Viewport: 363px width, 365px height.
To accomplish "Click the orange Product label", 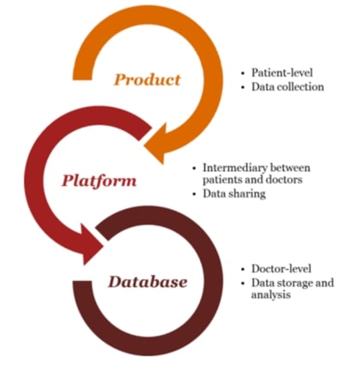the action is pyautogui.click(x=148, y=80).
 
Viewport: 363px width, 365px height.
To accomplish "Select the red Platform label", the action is pyautogui.click(x=99, y=181).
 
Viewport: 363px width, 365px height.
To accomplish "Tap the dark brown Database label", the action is pyautogui.click(x=148, y=282).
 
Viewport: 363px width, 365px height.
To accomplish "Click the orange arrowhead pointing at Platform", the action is pyautogui.click(x=157, y=143).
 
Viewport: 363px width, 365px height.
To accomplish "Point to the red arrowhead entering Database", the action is pyautogui.click(x=91, y=244).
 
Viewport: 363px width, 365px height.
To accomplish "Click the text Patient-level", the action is pyautogui.click(x=282, y=73).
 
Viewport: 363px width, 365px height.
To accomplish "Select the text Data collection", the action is pyautogui.click(x=287, y=87).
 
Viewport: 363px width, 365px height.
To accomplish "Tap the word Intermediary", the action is pyautogui.click(x=235, y=168).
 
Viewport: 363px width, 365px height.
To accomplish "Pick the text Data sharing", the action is pyautogui.click(x=234, y=194).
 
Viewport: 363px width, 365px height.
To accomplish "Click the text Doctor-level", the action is pyautogui.click(x=281, y=269).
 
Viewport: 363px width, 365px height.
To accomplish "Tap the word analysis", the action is pyautogui.click(x=271, y=295).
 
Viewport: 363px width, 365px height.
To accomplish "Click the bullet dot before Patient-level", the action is pyautogui.click(x=243, y=74).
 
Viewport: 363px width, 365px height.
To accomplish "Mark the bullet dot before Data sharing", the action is pyautogui.click(x=195, y=194).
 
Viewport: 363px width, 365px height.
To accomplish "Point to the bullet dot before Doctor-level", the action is pyautogui.click(x=243, y=269).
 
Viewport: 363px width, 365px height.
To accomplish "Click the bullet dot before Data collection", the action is pyautogui.click(x=243, y=87).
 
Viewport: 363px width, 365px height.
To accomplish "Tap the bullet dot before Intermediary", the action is pyautogui.click(x=195, y=168).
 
